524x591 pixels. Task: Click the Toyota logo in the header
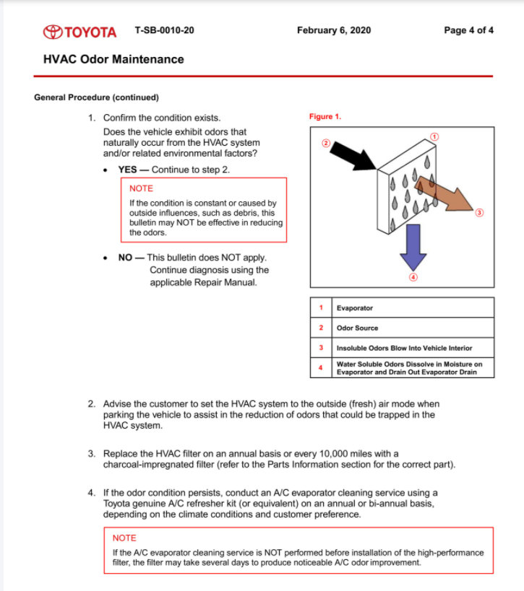(x=80, y=32)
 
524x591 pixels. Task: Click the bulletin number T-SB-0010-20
(x=164, y=30)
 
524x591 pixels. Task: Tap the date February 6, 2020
(x=333, y=30)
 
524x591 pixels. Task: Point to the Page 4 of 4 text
(x=468, y=30)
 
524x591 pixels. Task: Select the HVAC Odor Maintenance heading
(x=113, y=59)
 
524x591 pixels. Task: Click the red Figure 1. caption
(x=325, y=117)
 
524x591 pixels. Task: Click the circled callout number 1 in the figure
(x=434, y=136)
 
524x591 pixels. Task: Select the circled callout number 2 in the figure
(x=326, y=144)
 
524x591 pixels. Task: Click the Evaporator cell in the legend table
(x=354, y=308)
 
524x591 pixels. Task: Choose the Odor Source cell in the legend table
(x=357, y=328)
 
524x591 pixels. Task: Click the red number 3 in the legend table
(x=320, y=348)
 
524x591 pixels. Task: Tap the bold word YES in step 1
(x=129, y=170)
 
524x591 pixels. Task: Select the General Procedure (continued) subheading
(x=96, y=97)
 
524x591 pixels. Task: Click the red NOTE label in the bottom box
(x=124, y=538)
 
